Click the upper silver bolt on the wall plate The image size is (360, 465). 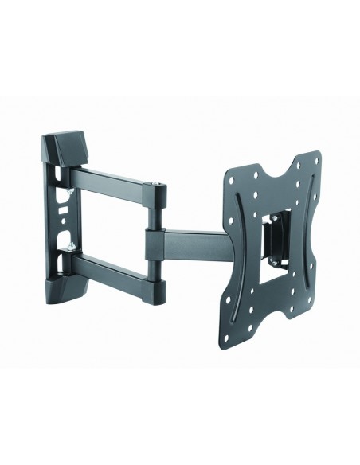(72, 191)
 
